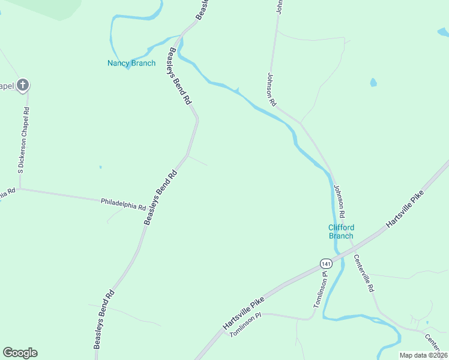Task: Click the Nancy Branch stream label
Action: coord(131,63)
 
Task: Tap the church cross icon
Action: coord(22,85)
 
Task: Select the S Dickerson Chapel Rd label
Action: coord(23,140)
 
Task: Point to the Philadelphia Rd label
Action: coord(123,204)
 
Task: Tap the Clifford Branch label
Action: coord(341,232)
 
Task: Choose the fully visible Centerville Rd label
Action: coord(364,273)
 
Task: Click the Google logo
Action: coord(20,353)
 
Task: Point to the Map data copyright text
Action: coord(424,355)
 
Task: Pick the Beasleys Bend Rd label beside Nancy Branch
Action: coord(179,77)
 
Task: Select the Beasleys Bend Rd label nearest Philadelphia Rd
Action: coord(161,197)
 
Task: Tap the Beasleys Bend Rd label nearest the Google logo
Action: coord(104,320)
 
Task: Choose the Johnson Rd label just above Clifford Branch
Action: coord(340,202)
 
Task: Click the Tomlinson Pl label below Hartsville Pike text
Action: coord(246,325)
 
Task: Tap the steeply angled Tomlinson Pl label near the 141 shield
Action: coord(321,290)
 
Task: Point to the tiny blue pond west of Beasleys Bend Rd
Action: coord(100,167)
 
